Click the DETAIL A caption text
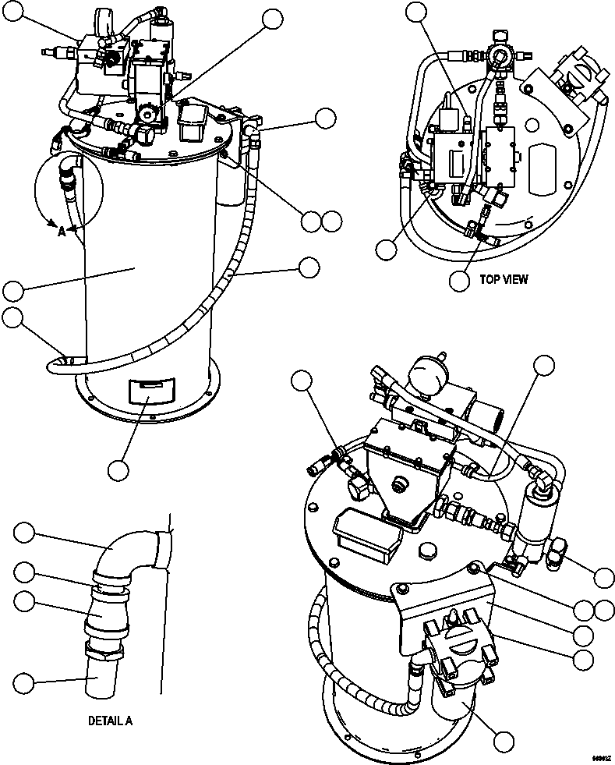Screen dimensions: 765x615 pos(110,721)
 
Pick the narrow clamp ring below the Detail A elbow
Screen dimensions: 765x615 pos(110,581)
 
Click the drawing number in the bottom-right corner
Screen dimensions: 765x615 pos(599,757)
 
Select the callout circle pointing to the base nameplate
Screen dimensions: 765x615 pos(118,470)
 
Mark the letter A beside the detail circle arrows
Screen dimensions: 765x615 pos(62,231)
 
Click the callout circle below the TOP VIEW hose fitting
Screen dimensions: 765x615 pos(461,279)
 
